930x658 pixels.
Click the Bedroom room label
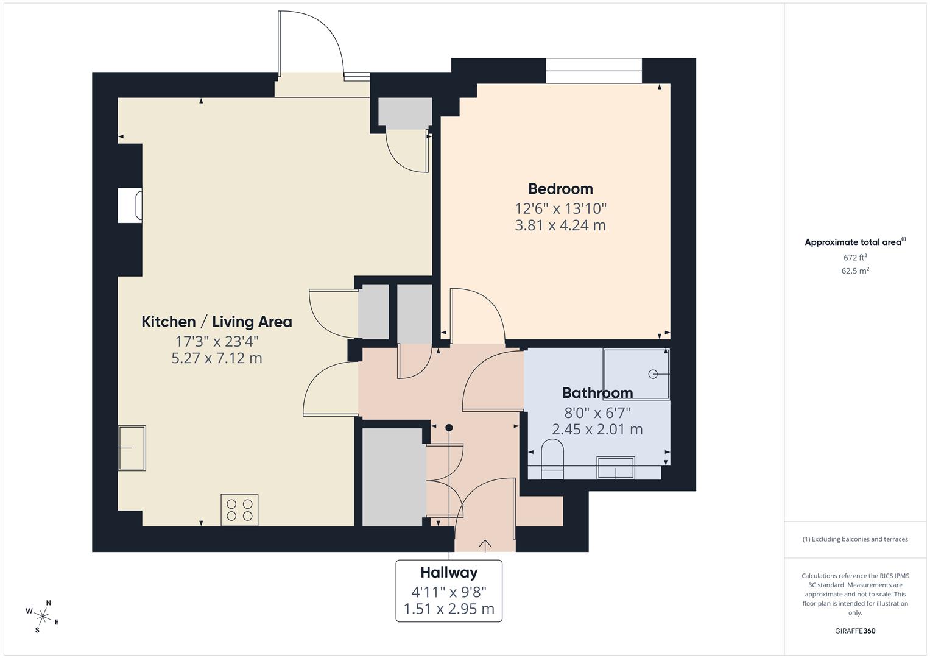pyautogui.click(x=560, y=189)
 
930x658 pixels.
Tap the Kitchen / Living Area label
pyautogui.click(x=217, y=322)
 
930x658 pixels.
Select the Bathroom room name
pyautogui.click(x=597, y=393)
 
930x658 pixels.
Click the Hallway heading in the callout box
pyautogui.click(x=449, y=573)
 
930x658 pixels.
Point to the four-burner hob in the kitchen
pyautogui.click(x=239, y=509)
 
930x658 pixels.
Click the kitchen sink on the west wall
pyautogui.click(x=132, y=448)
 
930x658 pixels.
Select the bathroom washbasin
pyautogui.click(x=616, y=468)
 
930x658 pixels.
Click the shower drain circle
pyautogui.click(x=653, y=373)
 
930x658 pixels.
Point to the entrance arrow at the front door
pyautogui.click(x=485, y=545)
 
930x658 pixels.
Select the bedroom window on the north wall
pyautogui.click(x=594, y=71)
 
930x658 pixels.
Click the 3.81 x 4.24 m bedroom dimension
pyautogui.click(x=560, y=225)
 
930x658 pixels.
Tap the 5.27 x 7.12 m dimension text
pyautogui.click(x=217, y=358)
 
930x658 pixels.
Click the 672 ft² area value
pyautogui.click(x=855, y=258)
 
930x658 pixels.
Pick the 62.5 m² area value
pyautogui.click(x=855, y=271)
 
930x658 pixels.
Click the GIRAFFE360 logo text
pyautogui.click(x=855, y=631)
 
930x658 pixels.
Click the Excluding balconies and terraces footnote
pyautogui.click(x=855, y=539)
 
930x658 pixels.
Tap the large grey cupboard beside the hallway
pyautogui.click(x=393, y=476)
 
